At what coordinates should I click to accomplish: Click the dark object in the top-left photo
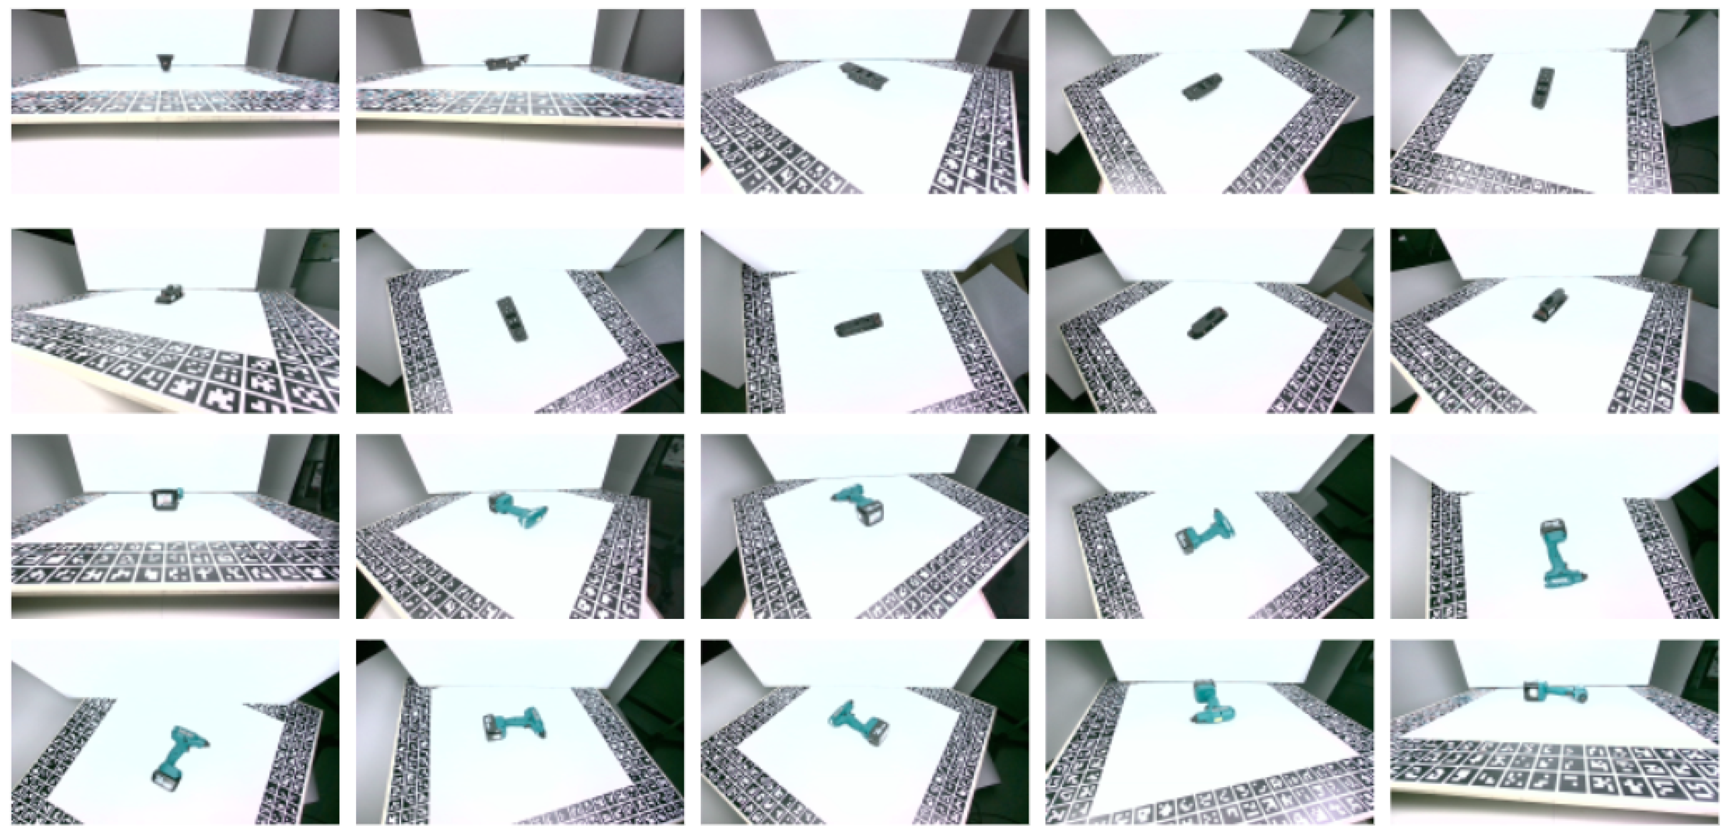(x=164, y=62)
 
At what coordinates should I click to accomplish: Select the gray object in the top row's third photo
(x=865, y=76)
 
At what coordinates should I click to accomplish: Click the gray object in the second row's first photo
(x=170, y=294)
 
